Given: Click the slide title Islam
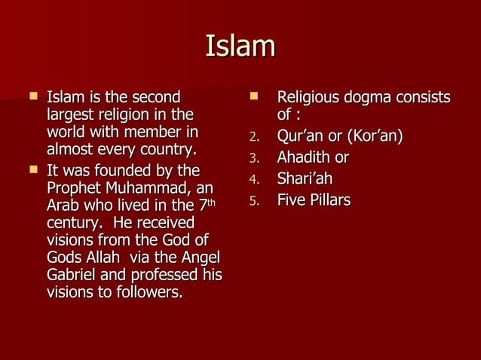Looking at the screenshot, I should click(240, 47).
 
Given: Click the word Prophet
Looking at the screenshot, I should click(73, 188).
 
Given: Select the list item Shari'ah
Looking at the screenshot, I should click(304, 179).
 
